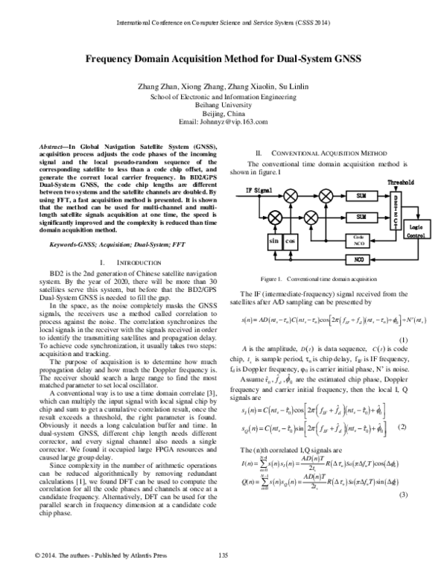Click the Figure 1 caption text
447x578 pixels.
(324, 278)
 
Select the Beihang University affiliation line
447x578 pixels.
(223, 105)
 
